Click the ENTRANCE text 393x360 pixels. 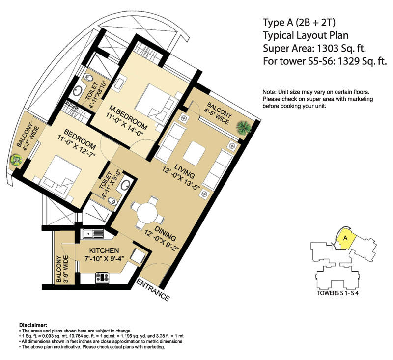[x=152, y=290]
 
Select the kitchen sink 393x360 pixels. [x=91, y=234]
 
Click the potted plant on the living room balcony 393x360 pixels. [x=244, y=127]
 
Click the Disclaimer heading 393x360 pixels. [x=33, y=325]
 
